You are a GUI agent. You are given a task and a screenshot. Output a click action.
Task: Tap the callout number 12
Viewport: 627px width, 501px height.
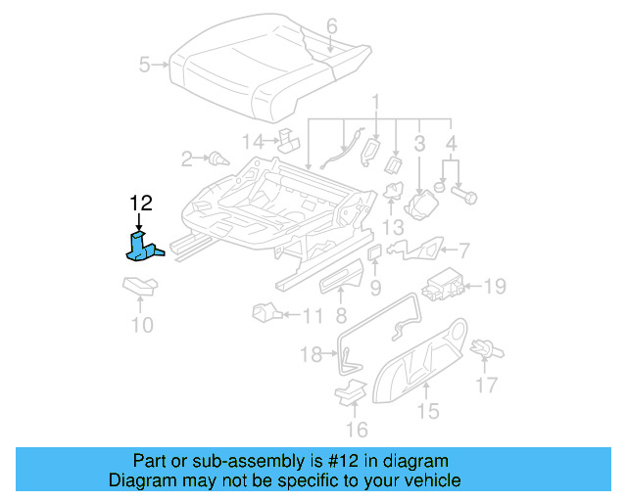click(x=141, y=204)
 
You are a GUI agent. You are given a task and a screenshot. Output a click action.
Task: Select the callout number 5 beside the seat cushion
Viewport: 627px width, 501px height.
click(x=144, y=66)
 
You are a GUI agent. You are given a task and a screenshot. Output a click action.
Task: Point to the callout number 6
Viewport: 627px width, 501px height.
click(x=331, y=25)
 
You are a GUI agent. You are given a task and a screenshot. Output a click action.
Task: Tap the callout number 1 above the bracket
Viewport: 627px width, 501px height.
click(x=375, y=102)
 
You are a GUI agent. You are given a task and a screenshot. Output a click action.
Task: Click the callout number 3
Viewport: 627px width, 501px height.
click(x=418, y=145)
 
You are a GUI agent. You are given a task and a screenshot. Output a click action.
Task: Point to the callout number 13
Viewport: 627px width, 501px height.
click(x=393, y=227)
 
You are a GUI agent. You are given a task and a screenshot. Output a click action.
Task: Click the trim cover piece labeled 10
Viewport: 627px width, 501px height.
click(x=140, y=287)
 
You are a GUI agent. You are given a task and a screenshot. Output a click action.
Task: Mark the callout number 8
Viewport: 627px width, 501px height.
click(x=340, y=315)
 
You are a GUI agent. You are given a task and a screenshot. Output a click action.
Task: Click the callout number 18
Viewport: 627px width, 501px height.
click(x=311, y=354)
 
